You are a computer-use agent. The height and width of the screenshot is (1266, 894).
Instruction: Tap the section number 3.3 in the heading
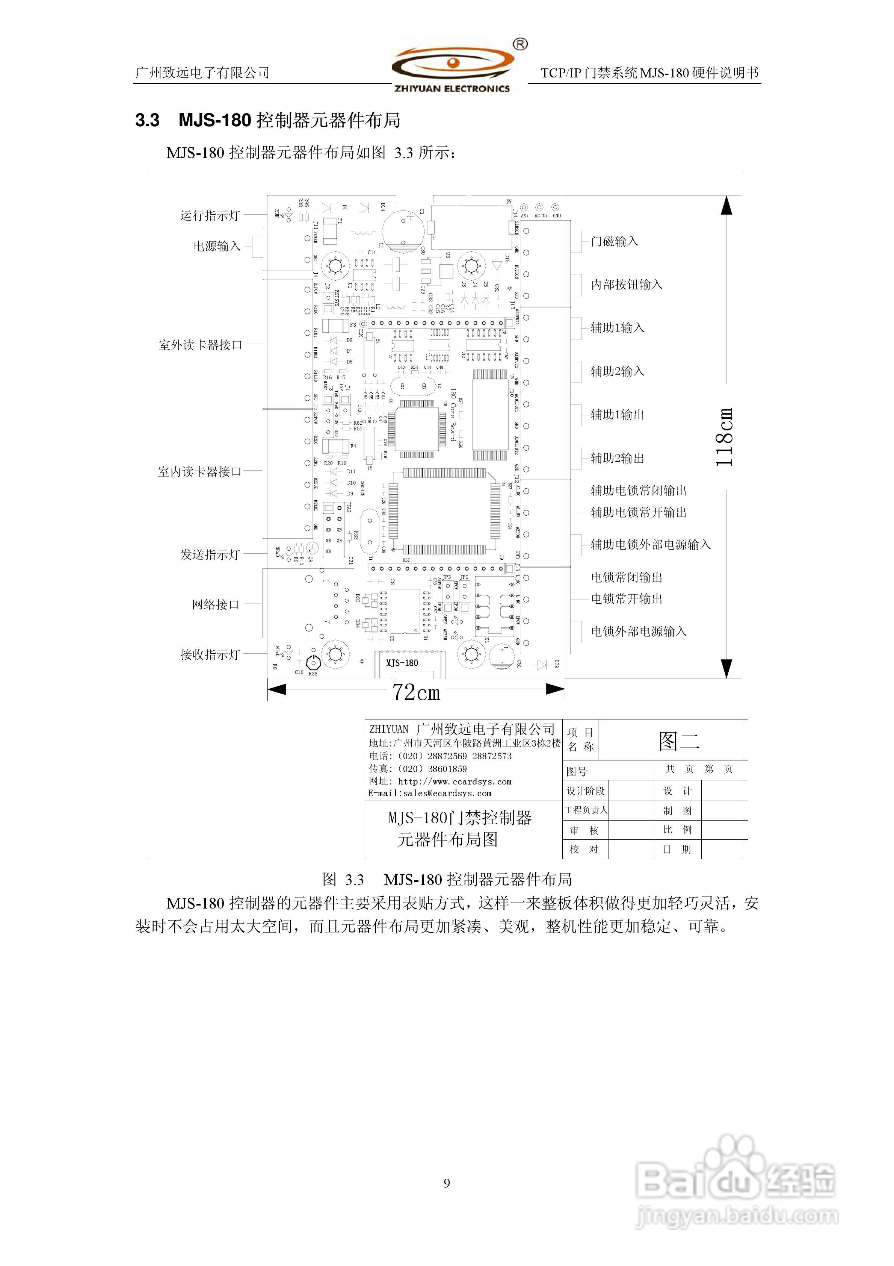pyautogui.click(x=147, y=121)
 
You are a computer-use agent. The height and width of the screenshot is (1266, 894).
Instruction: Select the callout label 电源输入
pyautogui.click(x=217, y=246)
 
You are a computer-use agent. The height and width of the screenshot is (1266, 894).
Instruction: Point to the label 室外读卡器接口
pyautogui.click(x=201, y=345)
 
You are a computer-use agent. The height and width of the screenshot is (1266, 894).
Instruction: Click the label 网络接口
pyautogui.click(x=216, y=605)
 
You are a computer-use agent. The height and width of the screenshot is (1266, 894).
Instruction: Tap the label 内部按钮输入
pyautogui.click(x=626, y=285)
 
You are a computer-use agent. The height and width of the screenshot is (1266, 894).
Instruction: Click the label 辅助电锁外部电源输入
pyautogui.click(x=650, y=545)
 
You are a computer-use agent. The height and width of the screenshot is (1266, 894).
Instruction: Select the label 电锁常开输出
pyautogui.click(x=626, y=599)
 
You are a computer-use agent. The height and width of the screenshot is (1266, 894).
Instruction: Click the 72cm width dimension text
pyautogui.click(x=416, y=692)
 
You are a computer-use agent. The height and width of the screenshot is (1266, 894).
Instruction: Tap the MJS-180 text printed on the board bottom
pyautogui.click(x=402, y=663)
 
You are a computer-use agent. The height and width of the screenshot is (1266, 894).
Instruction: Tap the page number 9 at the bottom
pyautogui.click(x=447, y=1183)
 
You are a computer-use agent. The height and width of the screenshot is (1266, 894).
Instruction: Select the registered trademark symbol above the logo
pyautogui.click(x=520, y=44)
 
